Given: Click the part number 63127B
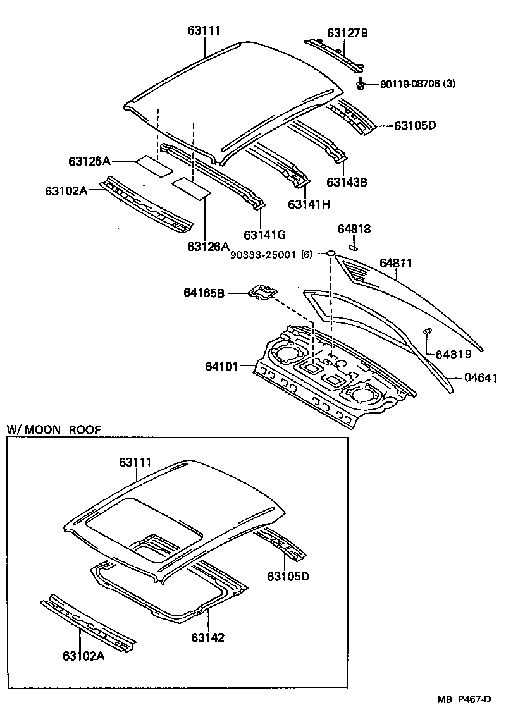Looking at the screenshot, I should click(347, 33).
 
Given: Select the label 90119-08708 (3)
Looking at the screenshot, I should click(417, 83).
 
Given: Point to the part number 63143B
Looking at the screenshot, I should click(347, 182).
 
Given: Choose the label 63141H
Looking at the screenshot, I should click(309, 204).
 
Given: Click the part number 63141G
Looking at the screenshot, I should click(264, 235).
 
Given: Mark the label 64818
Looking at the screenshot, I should click(354, 229).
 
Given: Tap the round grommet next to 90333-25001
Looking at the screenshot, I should click(330, 254).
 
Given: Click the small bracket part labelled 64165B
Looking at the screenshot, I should click(262, 291).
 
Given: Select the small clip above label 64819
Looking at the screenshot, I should click(428, 331).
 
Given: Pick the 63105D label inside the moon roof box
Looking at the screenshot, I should click(288, 577).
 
